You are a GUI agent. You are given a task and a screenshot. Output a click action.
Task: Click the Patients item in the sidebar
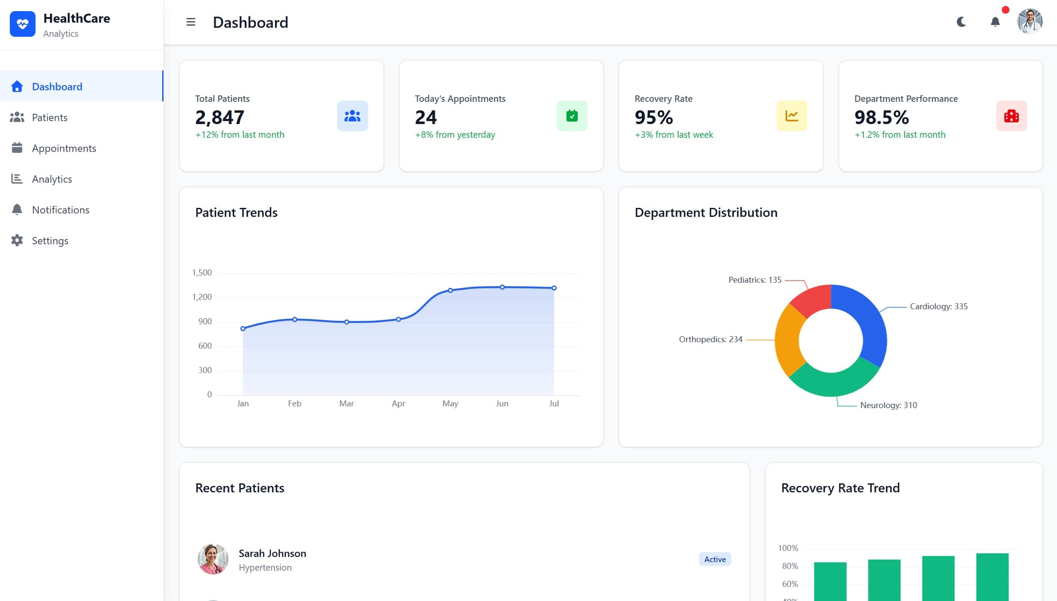[x=49, y=118]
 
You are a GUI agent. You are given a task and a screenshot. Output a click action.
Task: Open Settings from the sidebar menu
[x=50, y=241]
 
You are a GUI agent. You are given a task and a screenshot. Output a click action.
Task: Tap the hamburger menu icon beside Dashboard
[x=191, y=22]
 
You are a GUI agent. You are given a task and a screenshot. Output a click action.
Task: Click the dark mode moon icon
[x=961, y=22]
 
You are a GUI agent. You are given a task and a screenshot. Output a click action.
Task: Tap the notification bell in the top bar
[x=995, y=22]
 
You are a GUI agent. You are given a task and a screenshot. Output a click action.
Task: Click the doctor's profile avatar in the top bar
[x=1030, y=21]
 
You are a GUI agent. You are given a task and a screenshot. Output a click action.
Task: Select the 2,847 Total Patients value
[x=220, y=117]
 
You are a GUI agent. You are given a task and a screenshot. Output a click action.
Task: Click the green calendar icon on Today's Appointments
[x=572, y=116]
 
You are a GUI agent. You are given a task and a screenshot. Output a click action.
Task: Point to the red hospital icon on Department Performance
[x=1011, y=116]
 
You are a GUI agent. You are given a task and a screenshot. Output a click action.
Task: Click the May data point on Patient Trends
[x=450, y=290]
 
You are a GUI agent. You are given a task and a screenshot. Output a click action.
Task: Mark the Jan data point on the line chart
[x=243, y=329]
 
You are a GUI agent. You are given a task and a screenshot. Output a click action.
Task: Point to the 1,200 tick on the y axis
[x=202, y=297]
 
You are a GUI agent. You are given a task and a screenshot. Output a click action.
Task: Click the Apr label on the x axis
[x=398, y=403]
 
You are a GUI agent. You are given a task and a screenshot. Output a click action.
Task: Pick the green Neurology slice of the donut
[x=832, y=382]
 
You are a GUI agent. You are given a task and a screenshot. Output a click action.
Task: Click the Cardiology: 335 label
[x=938, y=306]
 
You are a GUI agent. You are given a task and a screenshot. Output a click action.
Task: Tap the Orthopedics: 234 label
[x=710, y=339]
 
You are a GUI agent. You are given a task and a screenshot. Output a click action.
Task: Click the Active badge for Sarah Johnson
[x=715, y=559]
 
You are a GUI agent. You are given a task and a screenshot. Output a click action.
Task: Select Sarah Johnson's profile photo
[x=213, y=559]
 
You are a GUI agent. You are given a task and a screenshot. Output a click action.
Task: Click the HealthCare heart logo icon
[x=23, y=24]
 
